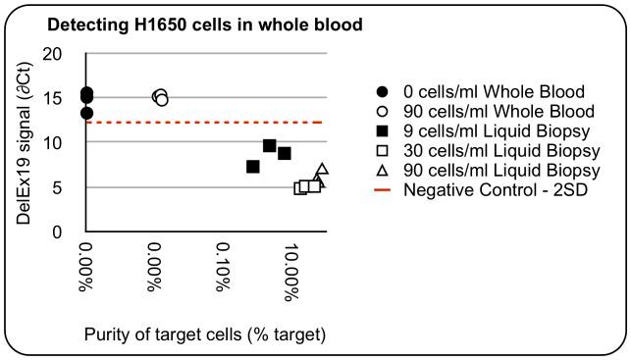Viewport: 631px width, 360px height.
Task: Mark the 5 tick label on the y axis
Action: [x=66, y=187]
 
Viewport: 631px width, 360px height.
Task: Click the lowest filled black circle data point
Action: [x=87, y=114]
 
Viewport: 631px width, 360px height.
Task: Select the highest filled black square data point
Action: [x=270, y=146]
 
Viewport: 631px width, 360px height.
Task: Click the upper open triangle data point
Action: [x=322, y=170]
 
